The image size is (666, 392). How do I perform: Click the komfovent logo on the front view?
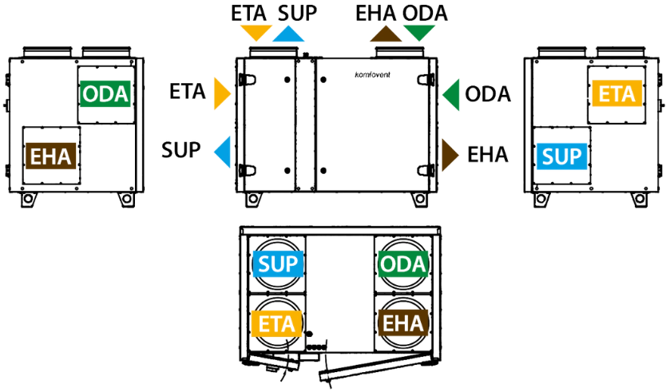tap(372, 75)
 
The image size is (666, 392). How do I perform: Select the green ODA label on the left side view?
tap(105, 94)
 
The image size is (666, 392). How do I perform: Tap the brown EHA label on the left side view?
tap(51, 156)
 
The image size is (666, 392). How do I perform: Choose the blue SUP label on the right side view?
tap(561, 156)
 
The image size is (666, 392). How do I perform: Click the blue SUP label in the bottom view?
tap(278, 263)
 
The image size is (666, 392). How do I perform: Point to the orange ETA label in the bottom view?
tap(276, 323)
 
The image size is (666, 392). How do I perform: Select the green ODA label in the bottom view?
tap(402, 263)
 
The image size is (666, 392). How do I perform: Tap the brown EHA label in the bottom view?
tap(402, 323)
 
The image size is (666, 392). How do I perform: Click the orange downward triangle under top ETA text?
tap(256, 31)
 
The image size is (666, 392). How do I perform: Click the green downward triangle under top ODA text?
tap(418, 31)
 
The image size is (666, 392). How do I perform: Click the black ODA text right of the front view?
tap(488, 94)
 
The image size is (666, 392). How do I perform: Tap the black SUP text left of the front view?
tap(181, 150)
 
